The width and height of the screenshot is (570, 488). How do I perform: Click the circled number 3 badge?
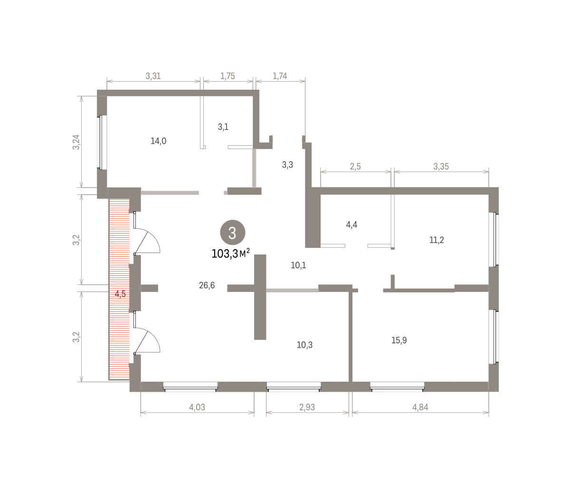click(x=232, y=232)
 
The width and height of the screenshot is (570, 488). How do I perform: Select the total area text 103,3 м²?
click(x=230, y=253)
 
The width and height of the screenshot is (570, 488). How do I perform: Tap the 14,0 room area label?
click(x=158, y=141)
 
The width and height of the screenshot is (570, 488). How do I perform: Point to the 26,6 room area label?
click(x=207, y=285)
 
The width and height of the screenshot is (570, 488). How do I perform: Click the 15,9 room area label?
click(x=399, y=340)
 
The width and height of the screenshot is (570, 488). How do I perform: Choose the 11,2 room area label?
click(x=437, y=240)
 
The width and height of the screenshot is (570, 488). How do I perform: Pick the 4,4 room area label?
click(x=351, y=225)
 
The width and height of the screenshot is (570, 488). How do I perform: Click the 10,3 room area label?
click(x=304, y=345)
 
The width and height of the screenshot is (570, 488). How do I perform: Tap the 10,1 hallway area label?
click(x=298, y=265)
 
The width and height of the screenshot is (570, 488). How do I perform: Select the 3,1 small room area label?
click(x=223, y=127)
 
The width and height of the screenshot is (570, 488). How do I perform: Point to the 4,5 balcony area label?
click(x=120, y=294)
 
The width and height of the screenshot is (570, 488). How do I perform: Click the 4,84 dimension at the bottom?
click(x=420, y=407)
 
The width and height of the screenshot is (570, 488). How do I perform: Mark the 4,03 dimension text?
click(x=197, y=407)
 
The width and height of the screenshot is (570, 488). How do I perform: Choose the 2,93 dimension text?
click(x=307, y=407)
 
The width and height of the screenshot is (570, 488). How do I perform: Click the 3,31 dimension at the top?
click(x=153, y=76)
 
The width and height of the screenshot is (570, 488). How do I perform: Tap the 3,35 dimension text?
click(x=441, y=167)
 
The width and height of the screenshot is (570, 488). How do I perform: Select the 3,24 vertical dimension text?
click(x=76, y=142)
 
